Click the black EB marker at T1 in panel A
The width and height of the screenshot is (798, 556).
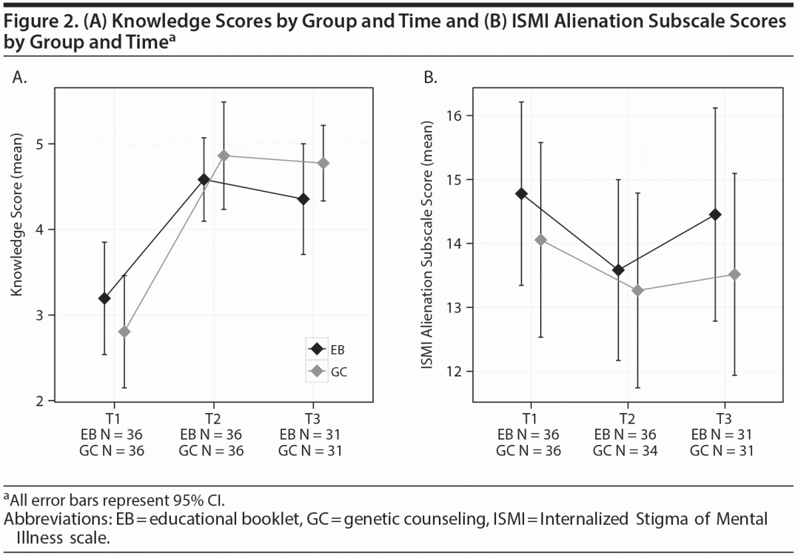pos(104,299)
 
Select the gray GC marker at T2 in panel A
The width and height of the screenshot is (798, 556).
pos(223,156)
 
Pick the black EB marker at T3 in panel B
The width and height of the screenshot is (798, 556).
pos(716,214)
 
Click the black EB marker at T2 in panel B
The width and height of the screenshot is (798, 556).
pos(618,270)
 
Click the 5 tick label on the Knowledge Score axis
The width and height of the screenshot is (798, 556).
pos(39,144)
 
